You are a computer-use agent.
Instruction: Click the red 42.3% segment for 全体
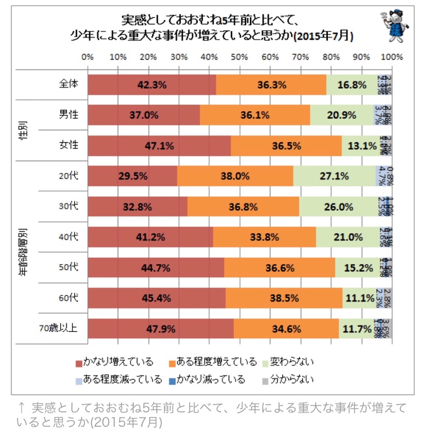[151, 85]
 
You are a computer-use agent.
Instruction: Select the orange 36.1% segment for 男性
[255, 115]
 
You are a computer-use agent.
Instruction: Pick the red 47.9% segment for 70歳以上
[160, 329]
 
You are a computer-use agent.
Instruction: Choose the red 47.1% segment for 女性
[159, 146]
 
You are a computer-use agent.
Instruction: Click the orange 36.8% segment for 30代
[243, 207]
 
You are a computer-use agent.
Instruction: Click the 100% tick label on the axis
[392, 57]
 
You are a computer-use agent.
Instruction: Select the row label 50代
[68, 267]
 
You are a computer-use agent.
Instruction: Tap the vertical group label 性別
[25, 130]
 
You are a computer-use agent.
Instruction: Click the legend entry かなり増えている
[114, 362]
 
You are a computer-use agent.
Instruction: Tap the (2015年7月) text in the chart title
[324, 36]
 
